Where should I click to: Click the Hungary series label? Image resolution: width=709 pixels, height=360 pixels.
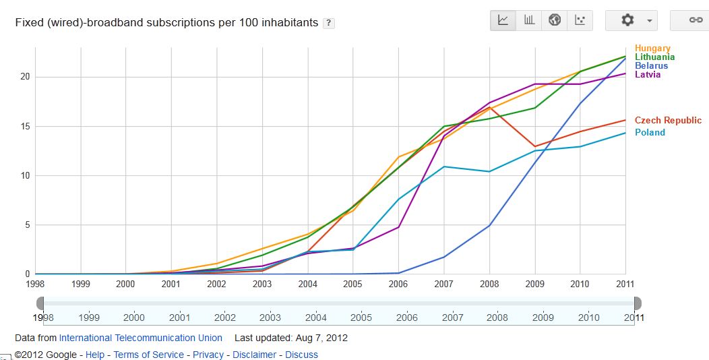pos(652,49)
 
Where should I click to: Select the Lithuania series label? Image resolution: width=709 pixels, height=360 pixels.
pos(654,57)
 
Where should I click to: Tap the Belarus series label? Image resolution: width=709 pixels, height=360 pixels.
pos(651,66)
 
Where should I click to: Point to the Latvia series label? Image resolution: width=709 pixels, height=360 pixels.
pos(648,75)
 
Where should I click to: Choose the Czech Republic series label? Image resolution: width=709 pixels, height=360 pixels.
pos(668,121)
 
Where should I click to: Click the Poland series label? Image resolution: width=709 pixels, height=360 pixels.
pos(650,133)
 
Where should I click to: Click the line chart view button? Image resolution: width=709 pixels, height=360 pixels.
pos(503,20)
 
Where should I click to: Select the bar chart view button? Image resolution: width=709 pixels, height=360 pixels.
pos(529,20)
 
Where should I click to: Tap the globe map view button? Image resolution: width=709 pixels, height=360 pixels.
pos(555,20)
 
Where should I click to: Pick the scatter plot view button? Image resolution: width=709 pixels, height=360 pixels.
pos(580,20)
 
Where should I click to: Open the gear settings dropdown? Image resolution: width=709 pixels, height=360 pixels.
pos(631,20)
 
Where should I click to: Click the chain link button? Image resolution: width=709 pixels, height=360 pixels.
pos(694,20)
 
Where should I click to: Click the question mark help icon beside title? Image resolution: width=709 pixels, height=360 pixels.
pos(329,23)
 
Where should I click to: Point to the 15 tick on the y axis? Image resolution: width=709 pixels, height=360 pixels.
pos(25,126)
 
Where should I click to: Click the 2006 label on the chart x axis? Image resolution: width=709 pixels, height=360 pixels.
pos(398,284)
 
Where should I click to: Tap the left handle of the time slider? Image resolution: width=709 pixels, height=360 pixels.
pos(40,303)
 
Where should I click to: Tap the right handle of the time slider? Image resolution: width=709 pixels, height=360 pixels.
pos(638,303)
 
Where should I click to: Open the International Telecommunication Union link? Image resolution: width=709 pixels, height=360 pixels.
pos(140,338)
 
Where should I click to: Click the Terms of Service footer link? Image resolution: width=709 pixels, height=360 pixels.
pos(148,355)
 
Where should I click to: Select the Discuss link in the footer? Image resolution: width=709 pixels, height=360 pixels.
pos(301,355)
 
